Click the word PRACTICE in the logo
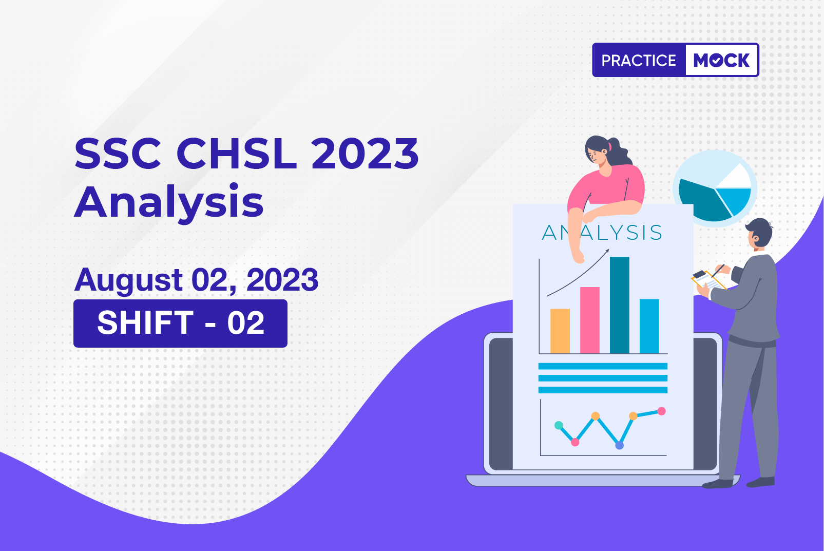[639, 60]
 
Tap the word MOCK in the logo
[721, 60]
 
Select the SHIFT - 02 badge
[180, 324]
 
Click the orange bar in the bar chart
[560, 331]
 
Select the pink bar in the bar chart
[590, 320]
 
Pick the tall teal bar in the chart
[620, 305]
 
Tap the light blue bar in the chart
[649, 326]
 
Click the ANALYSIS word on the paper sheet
[602, 233]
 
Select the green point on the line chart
[559, 425]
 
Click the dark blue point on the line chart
[620, 445]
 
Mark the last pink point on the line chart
[661, 411]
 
